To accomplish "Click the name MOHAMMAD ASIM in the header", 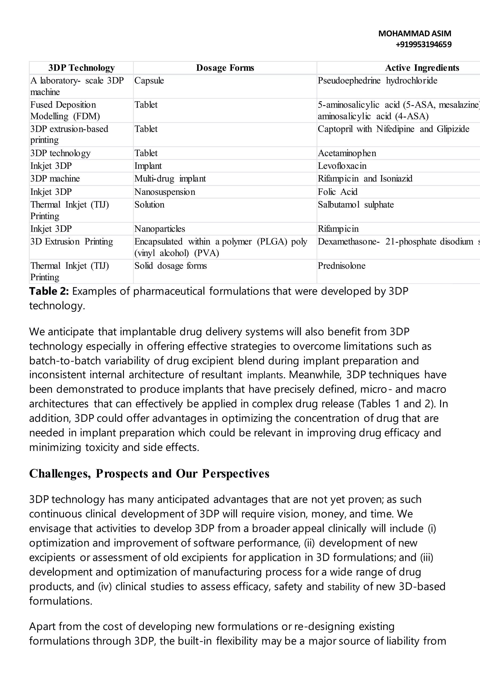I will [x=414, y=34].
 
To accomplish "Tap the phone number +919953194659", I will [x=423, y=44].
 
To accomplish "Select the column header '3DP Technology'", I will [x=81, y=68].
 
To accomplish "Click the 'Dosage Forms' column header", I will [x=225, y=68].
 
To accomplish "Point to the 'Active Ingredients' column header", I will [x=422, y=68].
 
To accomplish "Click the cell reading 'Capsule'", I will [x=149, y=80].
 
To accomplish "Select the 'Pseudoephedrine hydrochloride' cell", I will [x=377, y=80].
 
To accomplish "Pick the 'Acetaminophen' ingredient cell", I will [x=347, y=153].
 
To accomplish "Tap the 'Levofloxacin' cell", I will [x=342, y=166].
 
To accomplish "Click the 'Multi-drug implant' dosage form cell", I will [x=170, y=179].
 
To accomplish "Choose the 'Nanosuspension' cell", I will [x=165, y=192].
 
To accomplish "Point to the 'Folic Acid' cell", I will [x=337, y=192].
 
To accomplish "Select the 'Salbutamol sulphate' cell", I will [x=356, y=205].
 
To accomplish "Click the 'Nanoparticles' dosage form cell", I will [x=160, y=229].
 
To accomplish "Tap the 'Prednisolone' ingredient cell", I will [x=341, y=266].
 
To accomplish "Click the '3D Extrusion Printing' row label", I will [x=71, y=242].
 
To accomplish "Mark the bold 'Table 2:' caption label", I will [x=49, y=291].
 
